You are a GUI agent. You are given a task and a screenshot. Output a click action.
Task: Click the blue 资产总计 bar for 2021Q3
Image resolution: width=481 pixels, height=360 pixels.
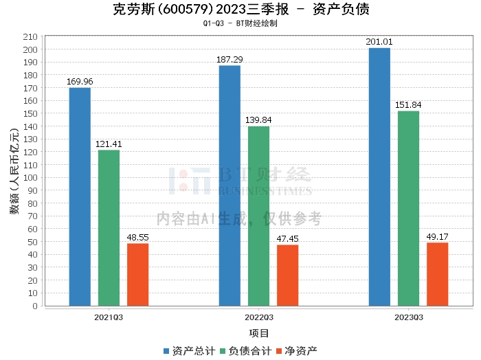80,196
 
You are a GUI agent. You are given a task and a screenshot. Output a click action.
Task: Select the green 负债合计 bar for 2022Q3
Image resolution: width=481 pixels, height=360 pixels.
258,216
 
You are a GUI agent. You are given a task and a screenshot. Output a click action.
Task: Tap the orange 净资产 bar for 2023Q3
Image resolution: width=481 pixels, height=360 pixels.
437,274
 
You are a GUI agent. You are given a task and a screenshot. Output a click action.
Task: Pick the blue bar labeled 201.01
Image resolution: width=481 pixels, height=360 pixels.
379,177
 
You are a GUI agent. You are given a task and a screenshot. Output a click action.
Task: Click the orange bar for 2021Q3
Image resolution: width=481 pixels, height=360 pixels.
137,274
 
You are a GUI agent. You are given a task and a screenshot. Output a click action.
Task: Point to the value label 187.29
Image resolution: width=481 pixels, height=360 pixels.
230,60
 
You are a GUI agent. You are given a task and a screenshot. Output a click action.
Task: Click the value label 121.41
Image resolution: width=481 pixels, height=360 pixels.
109,144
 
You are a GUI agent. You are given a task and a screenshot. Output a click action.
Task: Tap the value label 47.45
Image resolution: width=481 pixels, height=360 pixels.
287,239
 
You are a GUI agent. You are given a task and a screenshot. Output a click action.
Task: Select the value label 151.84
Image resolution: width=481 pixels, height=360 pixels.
408,105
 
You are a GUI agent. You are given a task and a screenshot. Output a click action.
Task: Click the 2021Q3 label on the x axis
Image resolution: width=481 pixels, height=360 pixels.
109,317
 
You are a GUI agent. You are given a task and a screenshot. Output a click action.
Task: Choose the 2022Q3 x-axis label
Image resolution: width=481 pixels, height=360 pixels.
258,317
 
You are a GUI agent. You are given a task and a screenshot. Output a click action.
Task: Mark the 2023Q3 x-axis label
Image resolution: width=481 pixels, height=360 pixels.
408,317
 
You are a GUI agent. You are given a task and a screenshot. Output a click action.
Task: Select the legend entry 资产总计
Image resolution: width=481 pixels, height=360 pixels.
188,350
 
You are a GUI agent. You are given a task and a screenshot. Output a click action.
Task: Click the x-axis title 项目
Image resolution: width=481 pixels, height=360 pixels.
258,334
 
